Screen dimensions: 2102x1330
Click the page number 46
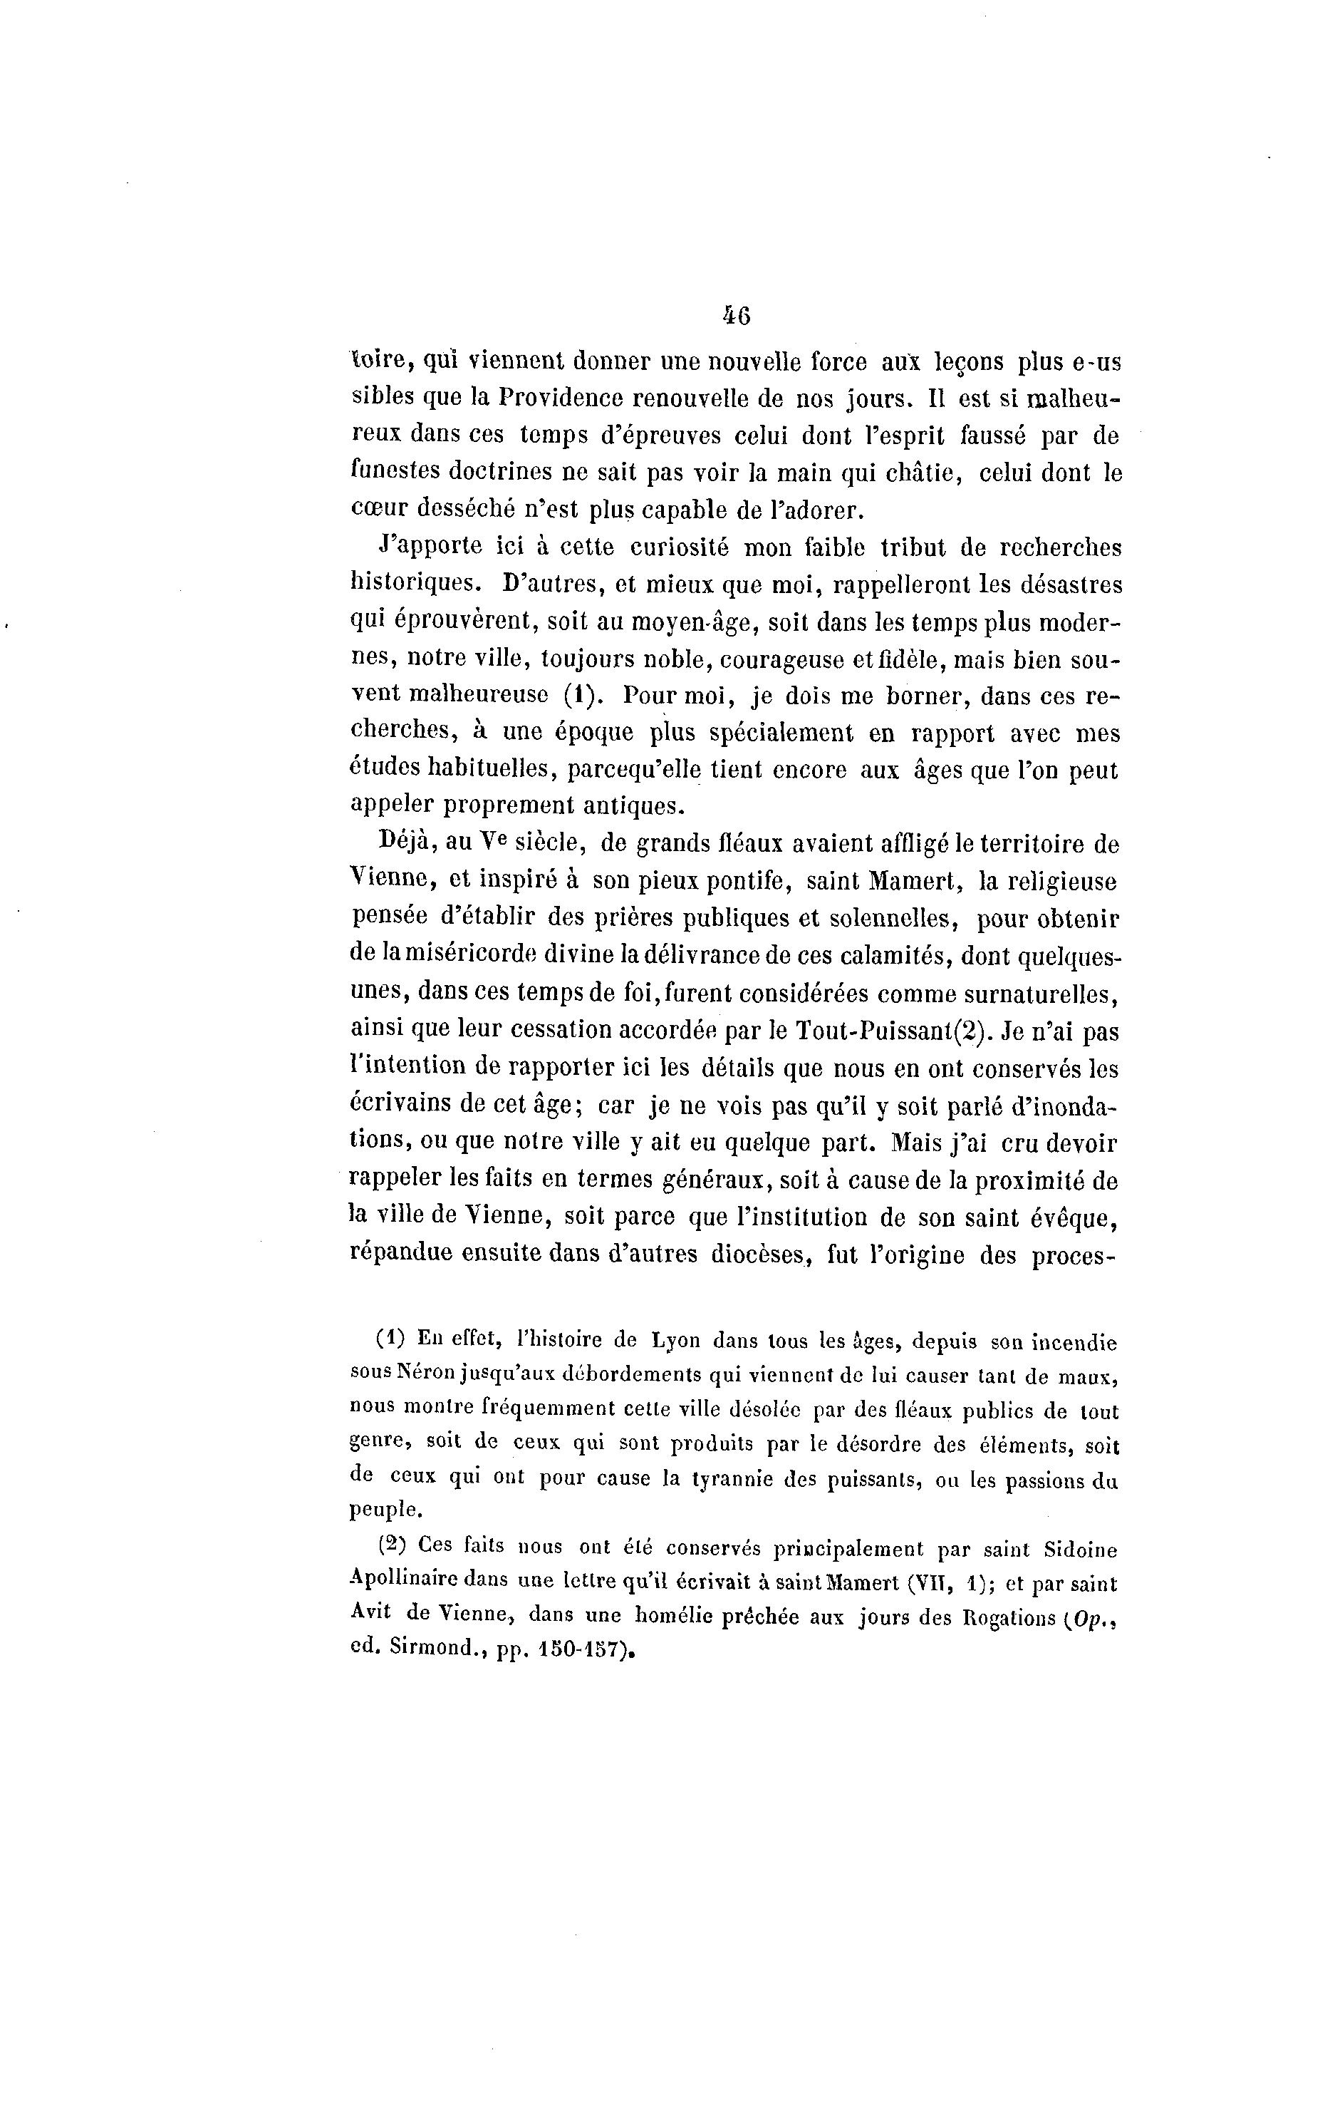click(737, 316)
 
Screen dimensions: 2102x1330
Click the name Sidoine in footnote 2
click(1081, 1549)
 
